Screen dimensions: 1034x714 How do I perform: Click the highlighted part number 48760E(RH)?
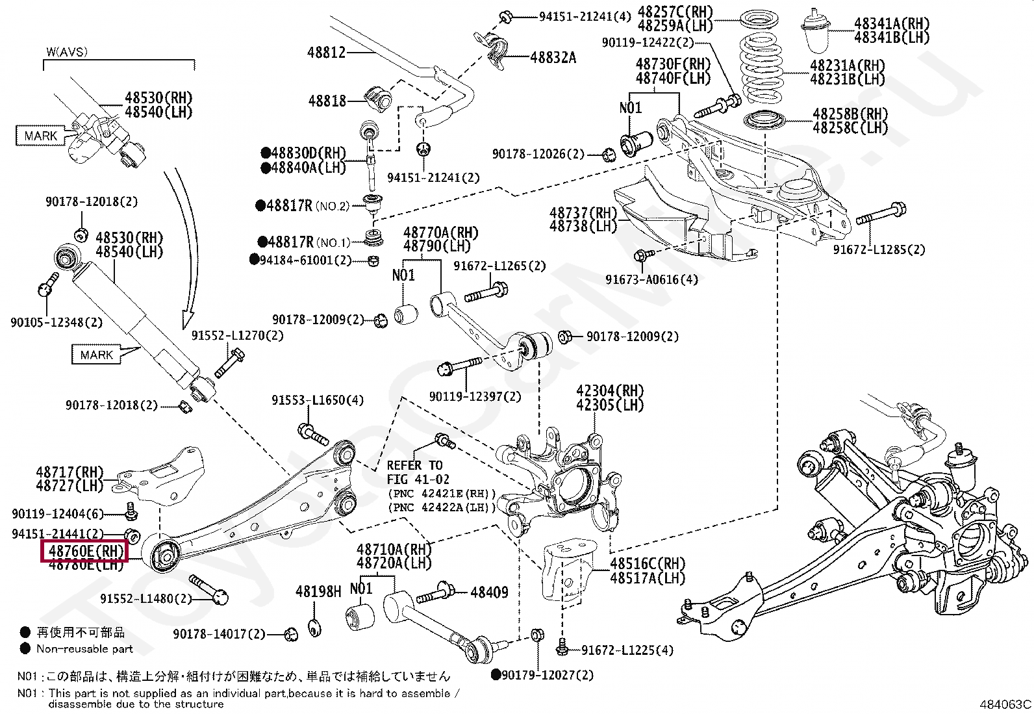click(x=86, y=551)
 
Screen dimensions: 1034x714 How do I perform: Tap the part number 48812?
click(x=326, y=53)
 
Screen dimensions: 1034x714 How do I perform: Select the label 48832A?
click(x=553, y=58)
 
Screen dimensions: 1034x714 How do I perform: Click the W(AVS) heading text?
click(x=67, y=52)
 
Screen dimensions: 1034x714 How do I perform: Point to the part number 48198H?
click(x=318, y=591)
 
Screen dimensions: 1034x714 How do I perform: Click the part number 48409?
click(x=489, y=592)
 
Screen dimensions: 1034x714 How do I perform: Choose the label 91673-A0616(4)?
click(x=652, y=279)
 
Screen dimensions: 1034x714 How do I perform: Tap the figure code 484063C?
click(x=1005, y=704)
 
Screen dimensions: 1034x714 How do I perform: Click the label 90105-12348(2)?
click(x=57, y=322)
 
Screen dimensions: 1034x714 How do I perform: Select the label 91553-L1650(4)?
click(x=318, y=400)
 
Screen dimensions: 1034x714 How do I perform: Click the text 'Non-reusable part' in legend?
click(x=84, y=649)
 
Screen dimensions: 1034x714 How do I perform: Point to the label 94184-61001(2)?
click(x=305, y=260)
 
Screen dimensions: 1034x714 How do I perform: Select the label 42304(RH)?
click(x=610, y=390)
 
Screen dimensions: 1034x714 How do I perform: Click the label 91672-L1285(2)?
click(x=879, y=250)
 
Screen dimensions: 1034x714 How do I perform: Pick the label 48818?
click(x=327, y=101)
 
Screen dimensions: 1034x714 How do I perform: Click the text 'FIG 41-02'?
click(x=418, y=479)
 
